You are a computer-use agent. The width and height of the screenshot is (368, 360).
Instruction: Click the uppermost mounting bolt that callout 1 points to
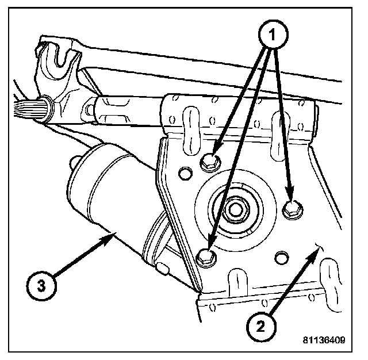click(x=210, y=163)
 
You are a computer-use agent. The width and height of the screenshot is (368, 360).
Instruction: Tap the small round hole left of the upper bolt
click(x=186, y=171)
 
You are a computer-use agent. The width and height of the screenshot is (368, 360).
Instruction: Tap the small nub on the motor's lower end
click(x=163, y=267)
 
